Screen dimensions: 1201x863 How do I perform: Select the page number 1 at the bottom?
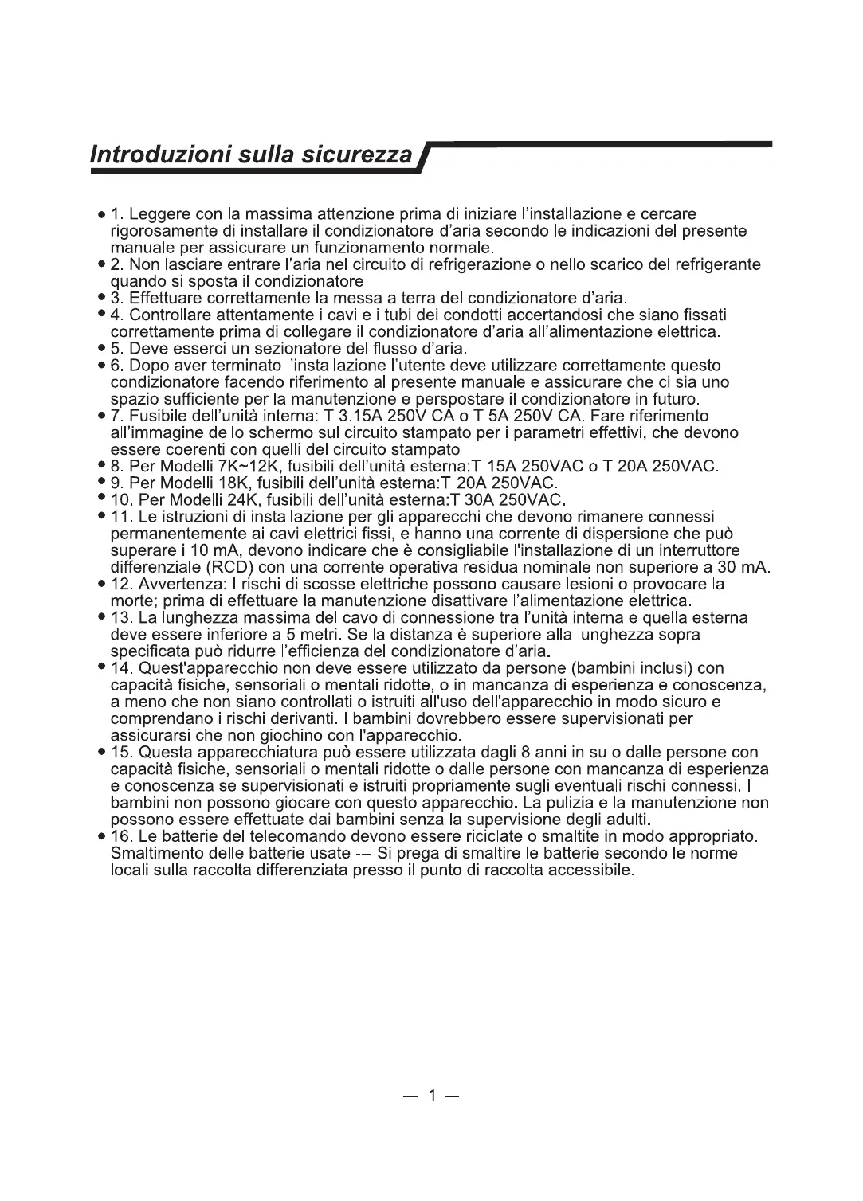point(431,1097)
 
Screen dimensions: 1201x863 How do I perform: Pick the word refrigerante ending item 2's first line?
point(715,264)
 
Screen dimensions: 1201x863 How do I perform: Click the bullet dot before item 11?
point(102,518)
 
